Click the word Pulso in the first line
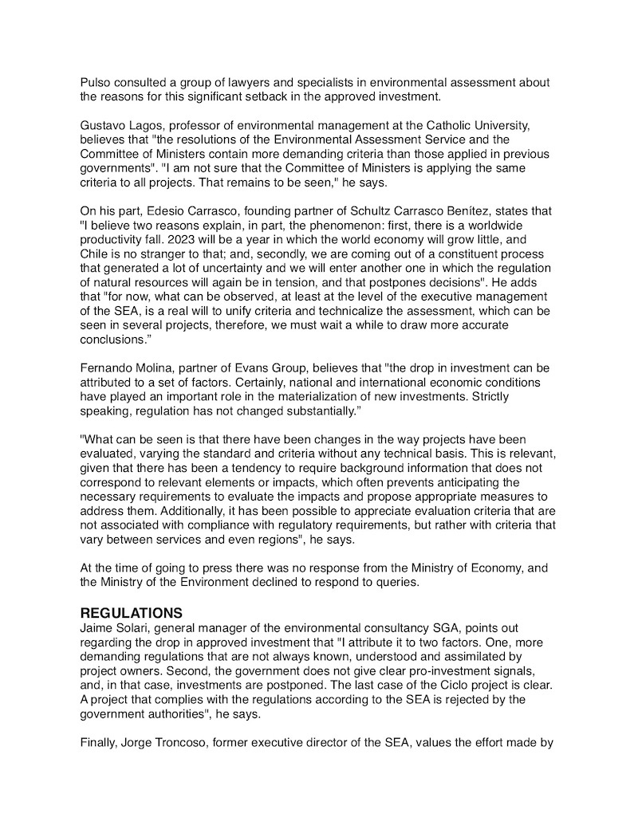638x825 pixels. pyautogui.click(x=96, y=83)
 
